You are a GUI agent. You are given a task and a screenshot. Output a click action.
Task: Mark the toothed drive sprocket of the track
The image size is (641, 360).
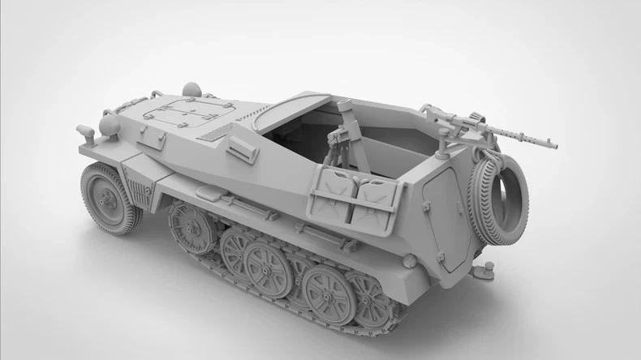191,226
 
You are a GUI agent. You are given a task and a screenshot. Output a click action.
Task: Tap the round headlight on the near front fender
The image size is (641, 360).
108,126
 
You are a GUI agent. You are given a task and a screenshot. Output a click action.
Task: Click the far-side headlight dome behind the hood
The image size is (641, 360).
191,88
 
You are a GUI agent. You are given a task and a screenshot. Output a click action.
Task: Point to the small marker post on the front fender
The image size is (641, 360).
85,134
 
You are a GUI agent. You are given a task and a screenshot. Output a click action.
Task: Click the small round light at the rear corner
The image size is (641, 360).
410,261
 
